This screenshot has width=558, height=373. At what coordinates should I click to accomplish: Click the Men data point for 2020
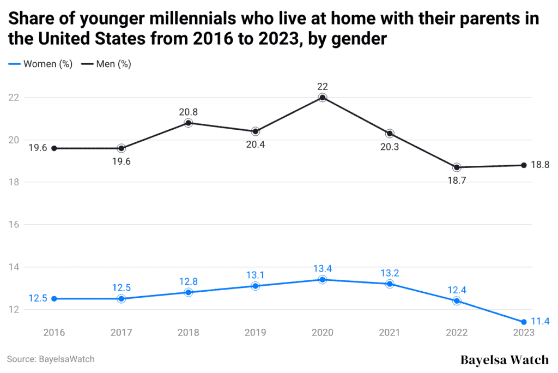[323, 98]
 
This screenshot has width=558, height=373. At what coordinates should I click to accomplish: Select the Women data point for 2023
[524, 322]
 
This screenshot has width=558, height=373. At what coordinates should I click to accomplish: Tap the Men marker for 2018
[189, 123]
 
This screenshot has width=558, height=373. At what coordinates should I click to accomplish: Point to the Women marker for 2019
[256, 286]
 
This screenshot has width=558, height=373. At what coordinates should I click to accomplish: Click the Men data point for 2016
[54, 148]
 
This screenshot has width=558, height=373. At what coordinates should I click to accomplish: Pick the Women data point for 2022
[457, 301]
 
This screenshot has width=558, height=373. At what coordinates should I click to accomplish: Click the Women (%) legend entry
[41, 64]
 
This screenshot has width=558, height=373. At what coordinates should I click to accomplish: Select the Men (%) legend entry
[106, 64]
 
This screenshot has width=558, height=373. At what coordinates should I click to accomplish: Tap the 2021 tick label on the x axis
[390, 332]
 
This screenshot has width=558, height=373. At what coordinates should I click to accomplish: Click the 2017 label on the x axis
[121, 332]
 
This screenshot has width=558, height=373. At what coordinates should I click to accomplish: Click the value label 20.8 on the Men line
[189, 112]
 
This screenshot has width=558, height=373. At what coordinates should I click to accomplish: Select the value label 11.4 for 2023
[539, 322]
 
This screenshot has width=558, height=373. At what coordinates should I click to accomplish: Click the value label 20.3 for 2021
[390, 146]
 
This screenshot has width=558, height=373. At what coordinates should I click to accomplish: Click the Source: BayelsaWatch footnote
[51, 359]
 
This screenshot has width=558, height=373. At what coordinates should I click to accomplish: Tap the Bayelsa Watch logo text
[505, 360]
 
